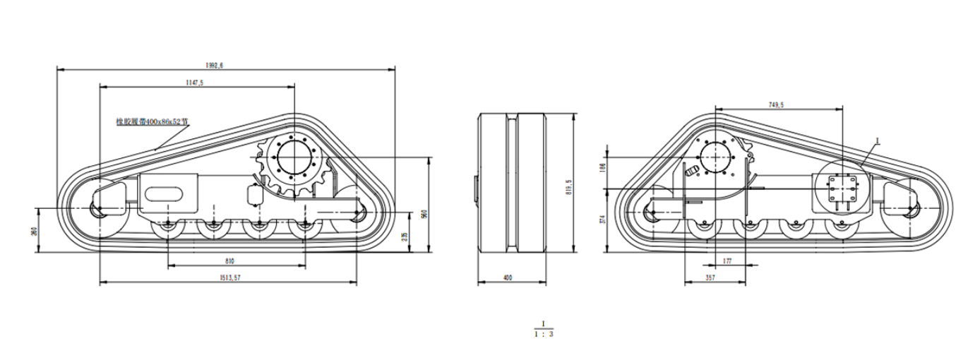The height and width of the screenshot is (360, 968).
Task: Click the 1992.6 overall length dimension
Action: pyautogui.click(x=215, y=65)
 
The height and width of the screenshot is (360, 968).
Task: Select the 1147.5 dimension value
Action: pyautogui.click(x=195, y=83)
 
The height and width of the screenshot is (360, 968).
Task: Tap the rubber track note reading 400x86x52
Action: pyautogui.click(x=153, y=121)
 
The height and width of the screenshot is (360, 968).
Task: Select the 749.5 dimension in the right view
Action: pyautogui.click(x=776, y=104)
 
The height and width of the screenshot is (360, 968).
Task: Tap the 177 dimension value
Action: pyautogui.click(x=727, y=261)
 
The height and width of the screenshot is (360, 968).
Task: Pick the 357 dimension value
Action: pyautogui.click(x=710, y=279)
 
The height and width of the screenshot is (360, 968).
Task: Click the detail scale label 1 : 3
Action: pyautogui.click(x=543, y=334)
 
